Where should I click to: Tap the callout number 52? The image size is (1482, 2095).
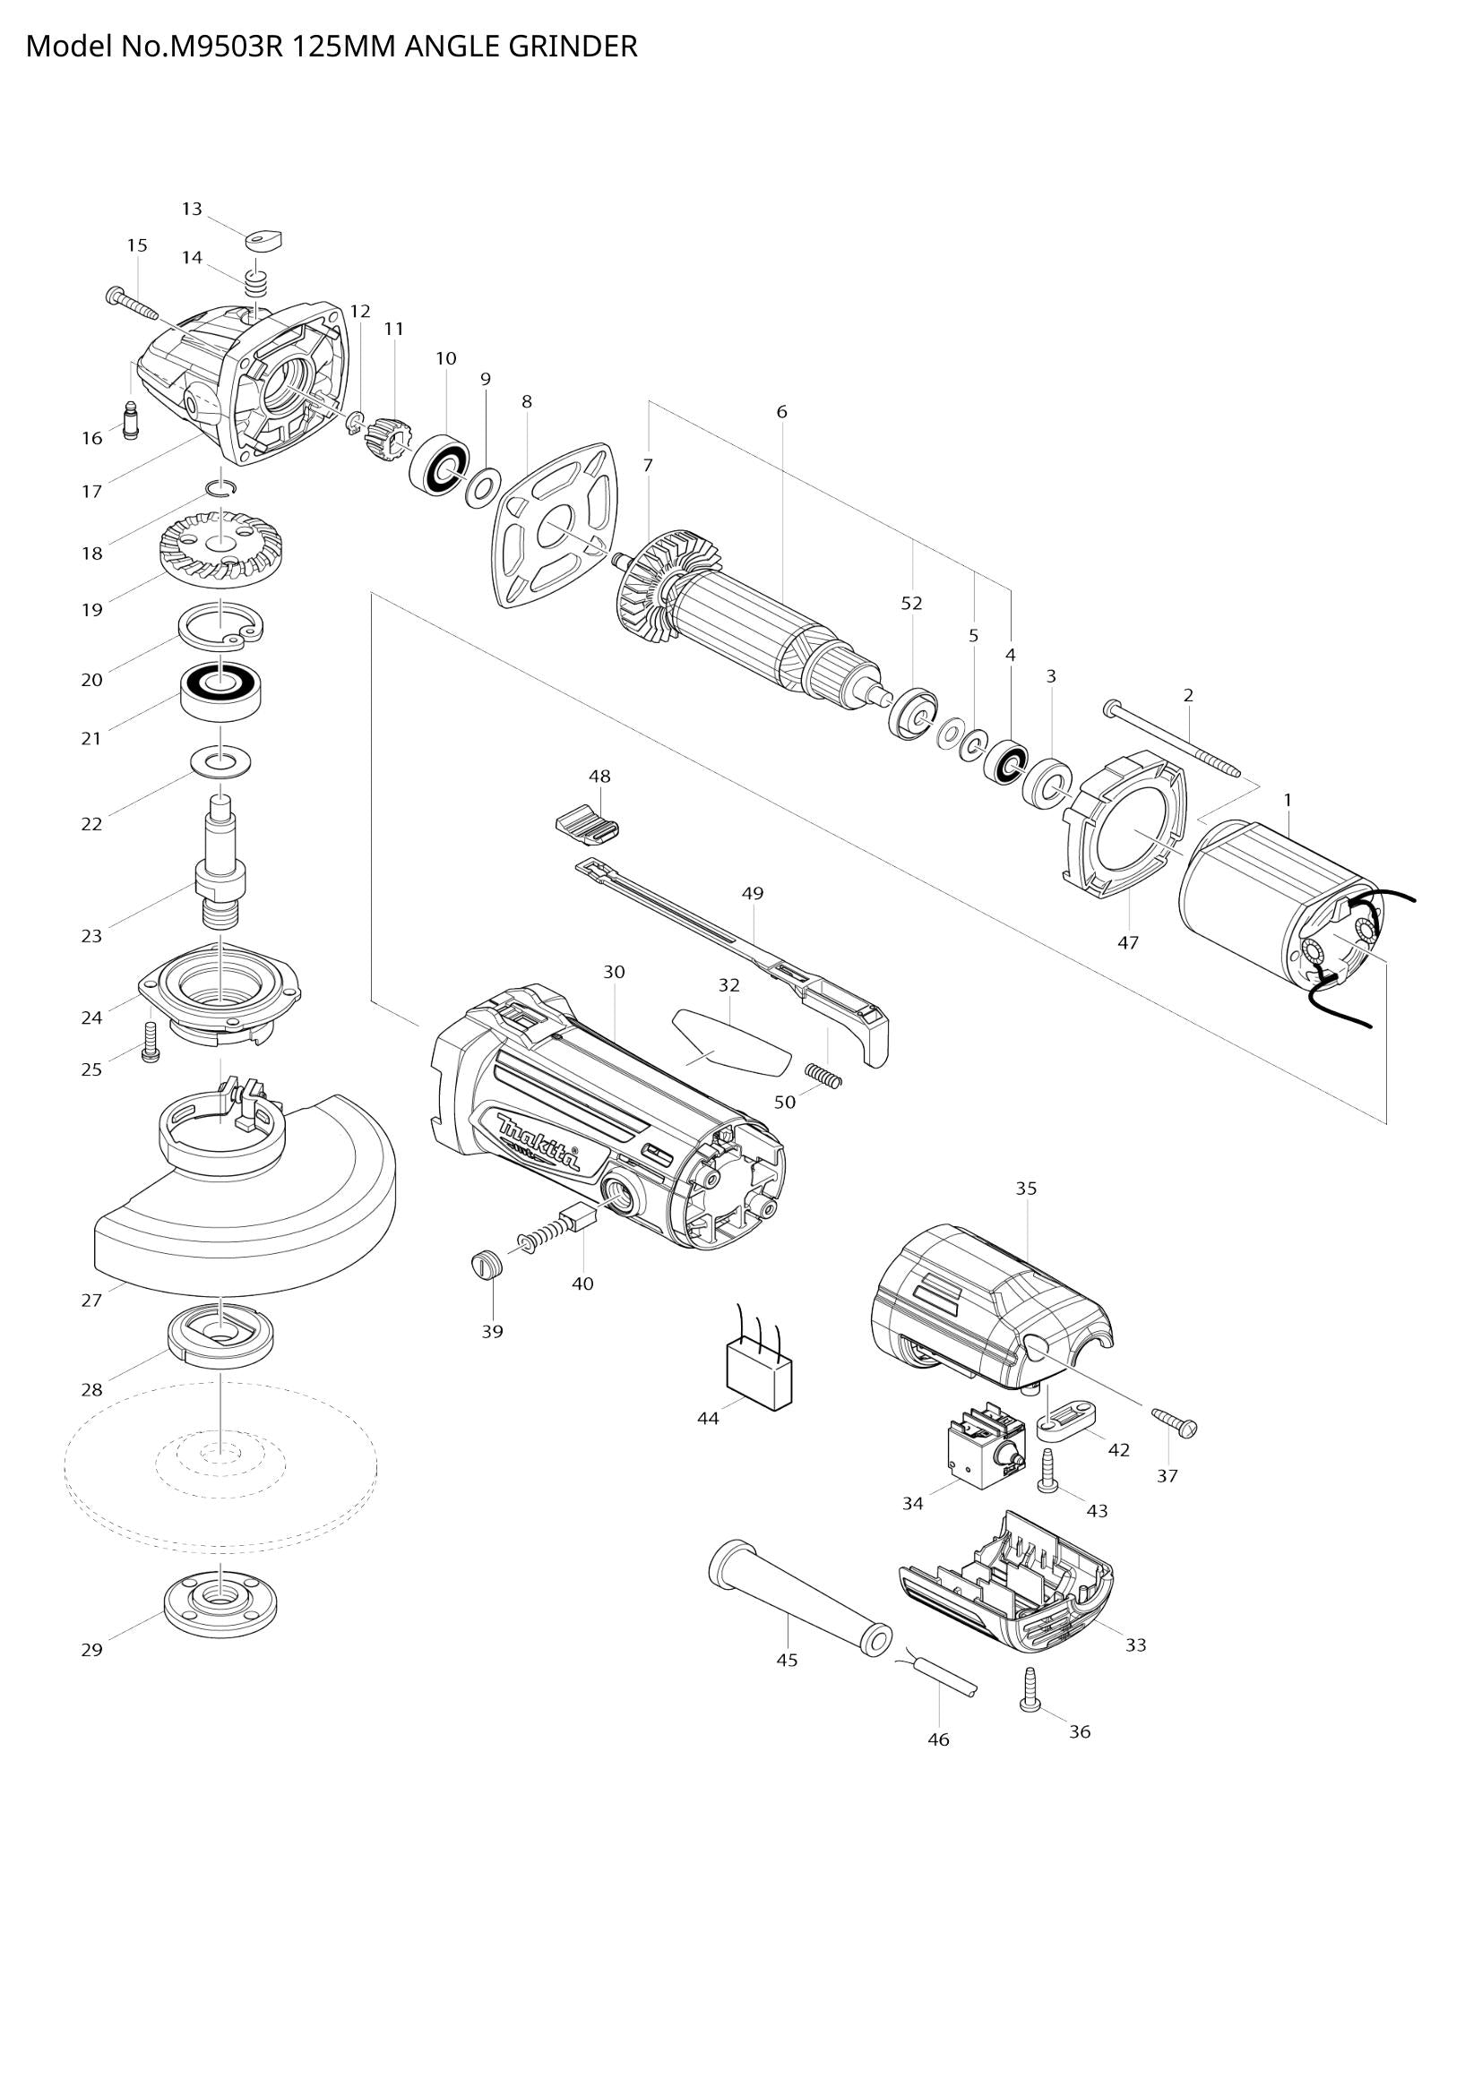(x=911, y=603)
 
